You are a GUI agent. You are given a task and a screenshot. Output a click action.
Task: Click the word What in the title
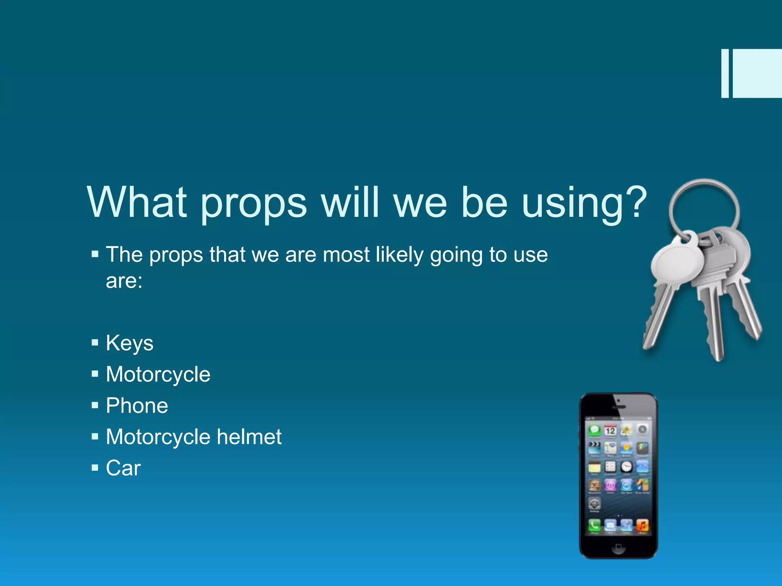[137, 202]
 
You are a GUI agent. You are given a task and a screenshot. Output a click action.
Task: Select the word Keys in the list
[129, 343]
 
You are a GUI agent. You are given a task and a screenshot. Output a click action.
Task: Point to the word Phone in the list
[137, 405]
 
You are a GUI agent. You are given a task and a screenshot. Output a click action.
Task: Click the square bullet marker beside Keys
[95, 343]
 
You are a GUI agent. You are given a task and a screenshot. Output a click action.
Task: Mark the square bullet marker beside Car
[95, 467]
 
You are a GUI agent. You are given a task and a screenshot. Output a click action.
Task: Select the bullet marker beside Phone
[95, 405]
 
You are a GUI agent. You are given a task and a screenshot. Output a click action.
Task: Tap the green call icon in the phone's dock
[594, 526]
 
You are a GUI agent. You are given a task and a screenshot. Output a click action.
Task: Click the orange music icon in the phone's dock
[642, 526]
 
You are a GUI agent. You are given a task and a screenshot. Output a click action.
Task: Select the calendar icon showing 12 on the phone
[610, 430]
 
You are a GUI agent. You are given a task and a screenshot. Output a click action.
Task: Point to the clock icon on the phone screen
[626, 466]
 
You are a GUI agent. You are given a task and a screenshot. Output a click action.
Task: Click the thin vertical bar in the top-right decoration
[725, 73]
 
